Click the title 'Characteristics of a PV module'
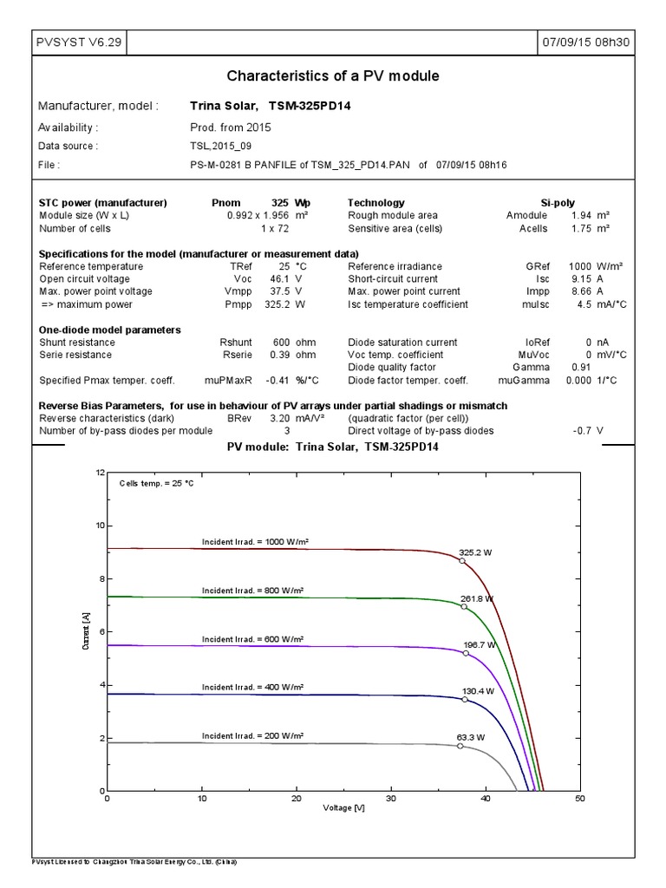(333, 76)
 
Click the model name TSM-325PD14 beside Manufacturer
(310, 106)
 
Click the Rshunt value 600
(278, 343)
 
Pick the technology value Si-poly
(558, 202)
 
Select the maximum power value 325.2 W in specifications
(277, 304)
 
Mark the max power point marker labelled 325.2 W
(462, 561)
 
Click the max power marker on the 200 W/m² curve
(460, 746)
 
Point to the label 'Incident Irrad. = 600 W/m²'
(252, 639)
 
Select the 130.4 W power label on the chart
(479, 691)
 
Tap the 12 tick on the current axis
(100, 473)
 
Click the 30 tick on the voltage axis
(391, 800)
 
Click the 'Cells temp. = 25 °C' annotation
(156, 483)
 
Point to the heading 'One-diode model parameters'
(110, 330)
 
